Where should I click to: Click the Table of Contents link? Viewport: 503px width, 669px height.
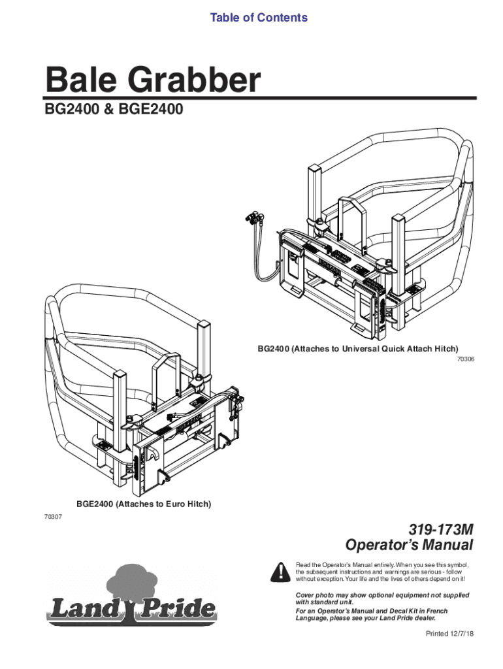pyautogui.click(x=259, y=18)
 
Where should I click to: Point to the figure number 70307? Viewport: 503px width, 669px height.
pyautogui.click(x=53, y=517)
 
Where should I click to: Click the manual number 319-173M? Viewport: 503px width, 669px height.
pyautogui.click(x=440, y=530)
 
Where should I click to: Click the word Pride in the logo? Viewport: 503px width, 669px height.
pyautogui.click(x=179, y=610)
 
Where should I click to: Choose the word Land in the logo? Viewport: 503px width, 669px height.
pyautogui.click(x=82, y=610)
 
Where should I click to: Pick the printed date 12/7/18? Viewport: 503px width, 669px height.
pyautogui.click(x=455, y=634)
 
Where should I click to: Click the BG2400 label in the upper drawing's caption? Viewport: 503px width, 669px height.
pyautogui.click(x=273, y=349)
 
